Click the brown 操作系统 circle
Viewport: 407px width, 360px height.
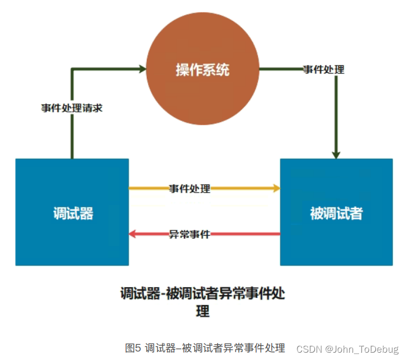tap(203, 70)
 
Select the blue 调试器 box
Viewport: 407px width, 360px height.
tap(72, 212)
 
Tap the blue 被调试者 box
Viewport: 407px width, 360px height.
tap(336, 212)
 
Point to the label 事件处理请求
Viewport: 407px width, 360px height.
tap(72, 108)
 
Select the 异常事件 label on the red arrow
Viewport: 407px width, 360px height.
tap(190, 233)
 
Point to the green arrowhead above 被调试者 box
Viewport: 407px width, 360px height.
tap(336, 154)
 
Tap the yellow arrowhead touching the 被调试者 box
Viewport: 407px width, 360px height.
tap(277, 188)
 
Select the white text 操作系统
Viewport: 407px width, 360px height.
tap(203, 70)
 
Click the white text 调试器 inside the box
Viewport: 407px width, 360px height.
tap(73, 213)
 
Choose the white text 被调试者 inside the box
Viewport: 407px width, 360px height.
tap(336, 213)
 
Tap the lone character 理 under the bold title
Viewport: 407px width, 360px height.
tap(203, 311)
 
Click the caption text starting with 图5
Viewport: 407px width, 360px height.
tap(205, 348)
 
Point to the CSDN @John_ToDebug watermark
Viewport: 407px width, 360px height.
tap(347, 349)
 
